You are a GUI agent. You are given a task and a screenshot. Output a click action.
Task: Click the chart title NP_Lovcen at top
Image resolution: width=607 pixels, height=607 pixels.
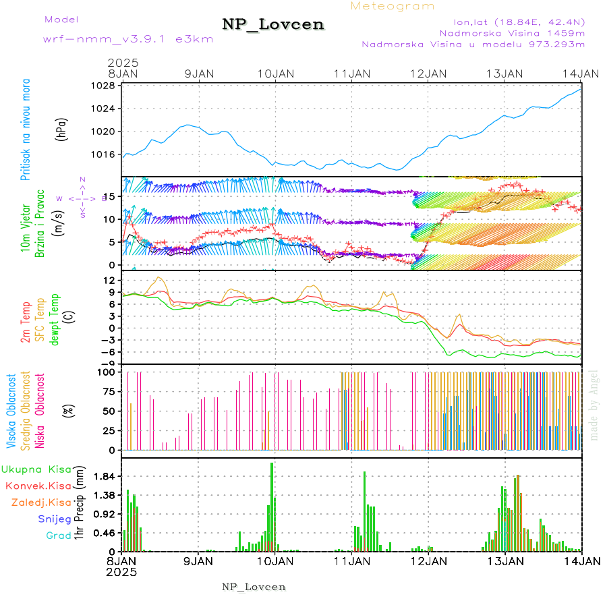[x=273, y=24]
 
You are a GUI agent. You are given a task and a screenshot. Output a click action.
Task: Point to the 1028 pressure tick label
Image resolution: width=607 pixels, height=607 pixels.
[x=103, y=86]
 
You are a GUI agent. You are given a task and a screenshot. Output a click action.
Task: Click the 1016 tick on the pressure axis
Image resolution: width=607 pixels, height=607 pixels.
[x=103, y=154]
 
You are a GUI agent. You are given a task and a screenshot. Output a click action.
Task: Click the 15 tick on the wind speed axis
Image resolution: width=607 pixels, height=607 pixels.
[x=109, y=196]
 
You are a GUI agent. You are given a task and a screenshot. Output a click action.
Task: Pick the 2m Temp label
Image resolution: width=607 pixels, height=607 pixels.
[x=26, y=323]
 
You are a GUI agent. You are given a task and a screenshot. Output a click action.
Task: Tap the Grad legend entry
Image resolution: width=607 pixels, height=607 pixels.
[x=58, y=536]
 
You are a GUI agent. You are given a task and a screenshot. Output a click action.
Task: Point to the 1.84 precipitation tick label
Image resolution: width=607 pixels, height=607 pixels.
[x=105, y=476]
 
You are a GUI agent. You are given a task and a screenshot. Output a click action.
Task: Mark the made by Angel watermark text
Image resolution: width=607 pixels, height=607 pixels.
[x=594, y=405]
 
